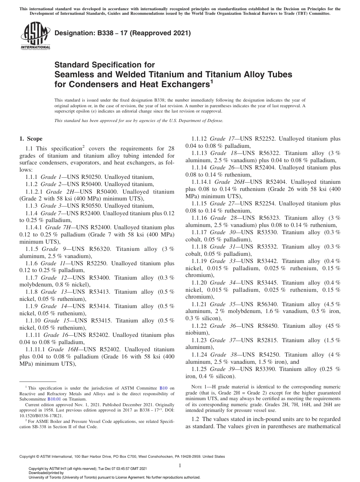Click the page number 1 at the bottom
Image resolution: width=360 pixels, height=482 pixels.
[x=180, y=465]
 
